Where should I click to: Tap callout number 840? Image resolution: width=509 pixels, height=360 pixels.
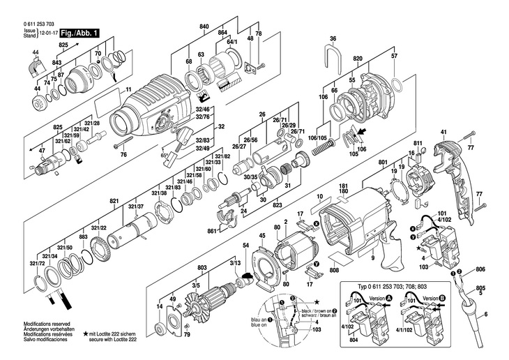(x=204, y=26)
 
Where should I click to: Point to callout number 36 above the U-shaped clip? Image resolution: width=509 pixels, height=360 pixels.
(x=333, y=38)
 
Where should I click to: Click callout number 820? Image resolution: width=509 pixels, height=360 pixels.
(x=357, y=60)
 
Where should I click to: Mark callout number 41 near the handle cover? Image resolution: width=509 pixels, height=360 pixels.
(x=443, y=132)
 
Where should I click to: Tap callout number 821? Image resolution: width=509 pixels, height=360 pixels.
(x=114, y=201)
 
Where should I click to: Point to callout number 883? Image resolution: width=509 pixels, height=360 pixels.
(x=83, y=238)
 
